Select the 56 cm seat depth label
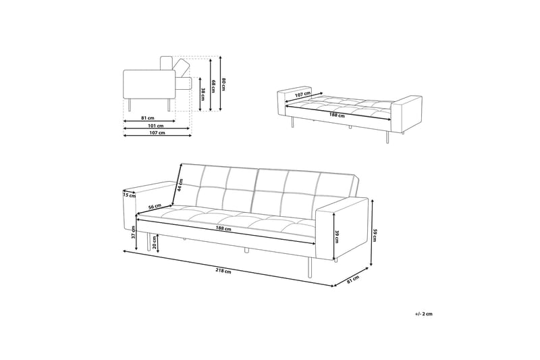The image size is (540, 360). (155, 206)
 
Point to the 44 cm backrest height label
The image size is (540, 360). (180, 185)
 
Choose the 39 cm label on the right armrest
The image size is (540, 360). (337, 235)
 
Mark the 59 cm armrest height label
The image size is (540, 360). (375, 234)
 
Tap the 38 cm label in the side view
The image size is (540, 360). (202, 93)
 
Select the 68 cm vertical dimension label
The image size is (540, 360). (213, 86)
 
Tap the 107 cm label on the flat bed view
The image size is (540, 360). (302, 95)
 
